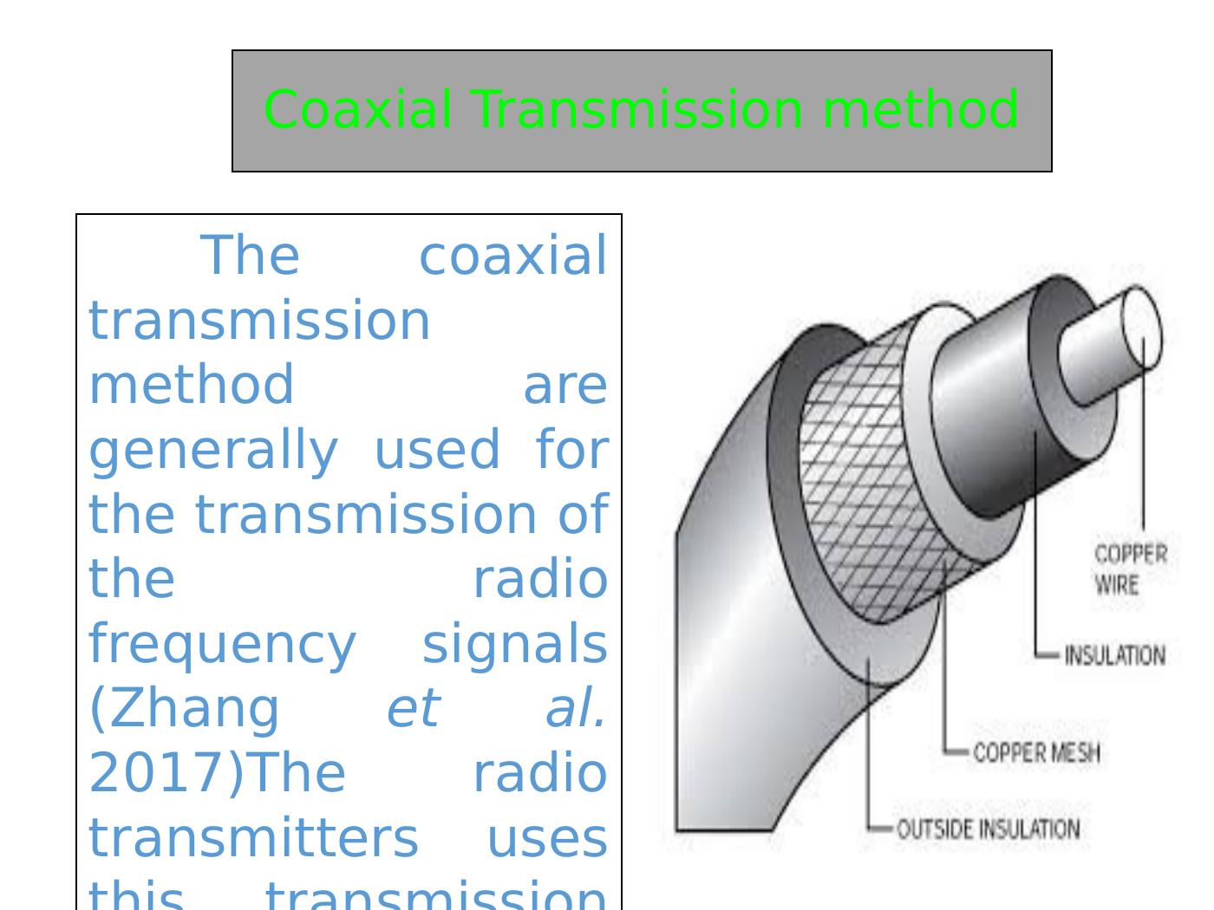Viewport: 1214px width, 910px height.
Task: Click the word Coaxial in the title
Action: click(357, 110)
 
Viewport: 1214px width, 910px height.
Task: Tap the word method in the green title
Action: click(920, 110)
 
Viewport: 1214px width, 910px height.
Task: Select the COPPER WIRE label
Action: click(1130, 569)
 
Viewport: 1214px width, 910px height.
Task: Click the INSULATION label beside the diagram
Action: click(1114, 655)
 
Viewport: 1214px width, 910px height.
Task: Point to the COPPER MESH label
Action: click(1036, 752)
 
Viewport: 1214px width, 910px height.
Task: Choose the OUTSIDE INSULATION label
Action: click(988, 829)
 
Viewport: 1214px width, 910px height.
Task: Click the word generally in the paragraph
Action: click(213, 450)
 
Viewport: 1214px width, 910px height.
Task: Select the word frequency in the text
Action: click(222, 644)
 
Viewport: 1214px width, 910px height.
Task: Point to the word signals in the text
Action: click(514, 644)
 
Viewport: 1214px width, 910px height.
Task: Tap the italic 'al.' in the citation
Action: click(575, 708)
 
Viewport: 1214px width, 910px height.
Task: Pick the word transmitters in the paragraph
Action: click(253, 837)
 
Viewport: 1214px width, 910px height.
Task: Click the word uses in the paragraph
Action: click(546, 837)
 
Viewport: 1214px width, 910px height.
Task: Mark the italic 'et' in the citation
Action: click(413, 708)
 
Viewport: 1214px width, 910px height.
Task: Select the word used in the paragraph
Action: click(436, 450)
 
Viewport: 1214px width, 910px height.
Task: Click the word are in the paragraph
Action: click(565, 385)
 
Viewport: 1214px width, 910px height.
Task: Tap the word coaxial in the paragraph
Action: click(512, 256)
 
